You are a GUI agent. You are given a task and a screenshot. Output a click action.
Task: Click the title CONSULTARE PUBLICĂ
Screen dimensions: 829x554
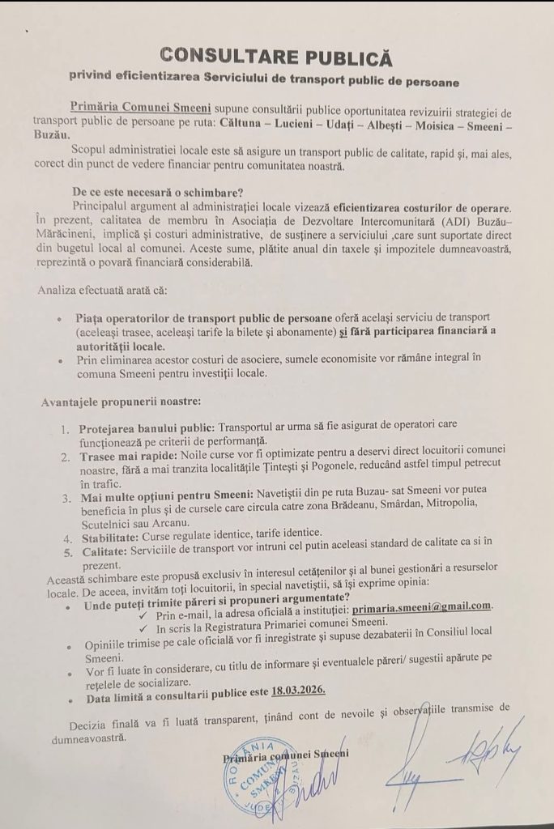tap(276, 57)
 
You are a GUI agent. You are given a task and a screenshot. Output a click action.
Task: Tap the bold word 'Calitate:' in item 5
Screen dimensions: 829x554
tap(104, 551)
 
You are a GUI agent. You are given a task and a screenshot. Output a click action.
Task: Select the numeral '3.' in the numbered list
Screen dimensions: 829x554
tap(67, 495)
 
